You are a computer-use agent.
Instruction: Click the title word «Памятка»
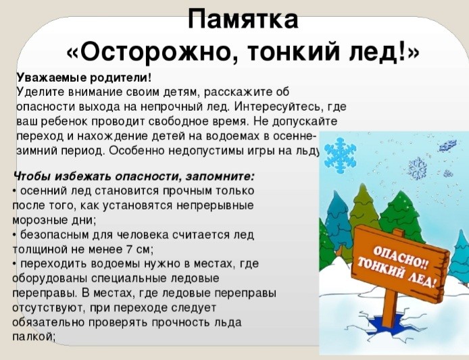click(243, 19)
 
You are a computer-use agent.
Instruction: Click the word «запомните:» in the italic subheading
click(220, 177)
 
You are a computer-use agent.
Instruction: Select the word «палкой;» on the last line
click(34, 337)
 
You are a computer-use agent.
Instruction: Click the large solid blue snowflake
click(341, 155)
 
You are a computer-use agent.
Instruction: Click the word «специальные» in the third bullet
click(130, 279)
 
